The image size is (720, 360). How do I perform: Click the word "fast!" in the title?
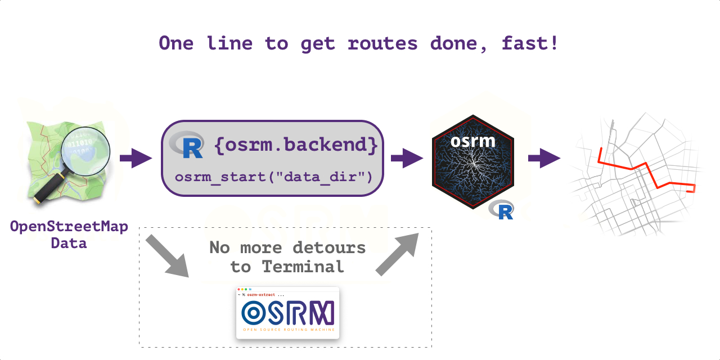(530, 43)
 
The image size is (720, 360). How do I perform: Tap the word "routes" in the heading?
(383, 43)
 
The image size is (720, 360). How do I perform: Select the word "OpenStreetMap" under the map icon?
(69, 227)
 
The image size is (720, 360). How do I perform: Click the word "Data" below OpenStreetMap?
(69, 244)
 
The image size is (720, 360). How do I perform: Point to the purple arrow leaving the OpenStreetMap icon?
(136, 158)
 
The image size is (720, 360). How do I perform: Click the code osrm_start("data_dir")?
(274, 177)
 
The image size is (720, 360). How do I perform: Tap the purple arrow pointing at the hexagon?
(407, 158)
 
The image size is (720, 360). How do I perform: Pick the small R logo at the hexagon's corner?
(501, 210)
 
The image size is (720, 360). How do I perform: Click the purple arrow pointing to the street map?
(544, 158)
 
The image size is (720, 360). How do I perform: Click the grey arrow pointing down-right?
(167, 256)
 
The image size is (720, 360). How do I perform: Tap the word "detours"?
(329, 247)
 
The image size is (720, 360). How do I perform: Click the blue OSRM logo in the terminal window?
(287, 313)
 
